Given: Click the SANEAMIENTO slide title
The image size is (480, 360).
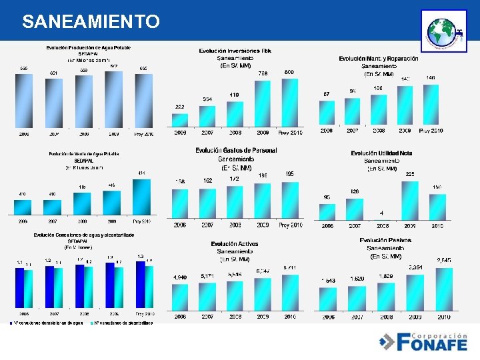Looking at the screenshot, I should pyautogui.click(x=91, y=22).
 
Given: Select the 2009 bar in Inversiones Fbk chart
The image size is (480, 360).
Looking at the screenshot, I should pyautogui.click(x=263, y=104).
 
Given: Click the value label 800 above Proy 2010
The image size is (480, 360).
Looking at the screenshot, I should pyautogui.click(x=289, y=72).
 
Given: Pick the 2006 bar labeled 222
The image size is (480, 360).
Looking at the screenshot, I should pyautogui.click(x=180, y=119).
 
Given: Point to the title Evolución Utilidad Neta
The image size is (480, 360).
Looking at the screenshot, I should pyautogui.click(x=381, y=153).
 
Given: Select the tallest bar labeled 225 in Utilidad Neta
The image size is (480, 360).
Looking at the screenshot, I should pyautogui.click(x=410, y=201).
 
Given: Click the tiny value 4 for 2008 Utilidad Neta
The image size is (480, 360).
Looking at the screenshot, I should pyautogui.click(x=381, y=213).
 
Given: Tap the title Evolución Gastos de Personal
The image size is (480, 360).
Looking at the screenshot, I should pyautogui.click(x=236, y=151).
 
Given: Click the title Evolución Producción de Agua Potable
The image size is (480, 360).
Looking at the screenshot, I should pyautogui.click(x=88, y=47).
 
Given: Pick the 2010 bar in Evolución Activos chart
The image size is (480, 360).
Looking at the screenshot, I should pyautogui.click(x=289, y=291).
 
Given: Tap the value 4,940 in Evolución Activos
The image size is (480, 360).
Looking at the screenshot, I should pyautogui.click(x=180, y=277).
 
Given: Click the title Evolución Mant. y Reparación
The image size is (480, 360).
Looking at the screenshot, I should pyautogui.click(x=379, y=59).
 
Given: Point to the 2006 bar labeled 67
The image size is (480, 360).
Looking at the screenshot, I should pyautogui.click(x=327, y=113).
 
